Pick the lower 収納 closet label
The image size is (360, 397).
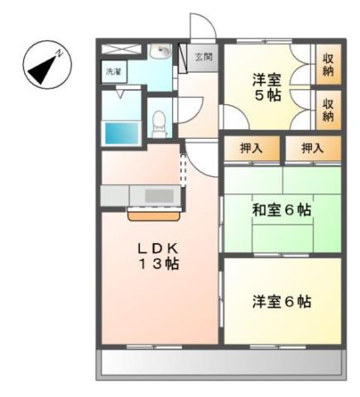[329, 109]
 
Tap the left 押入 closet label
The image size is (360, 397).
[252, 149]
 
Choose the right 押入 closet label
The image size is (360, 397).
[312, 149]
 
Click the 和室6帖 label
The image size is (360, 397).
[281, 211]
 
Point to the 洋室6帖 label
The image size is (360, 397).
[281, 301]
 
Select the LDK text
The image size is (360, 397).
[159, 249]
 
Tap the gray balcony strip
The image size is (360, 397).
[220, 362]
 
